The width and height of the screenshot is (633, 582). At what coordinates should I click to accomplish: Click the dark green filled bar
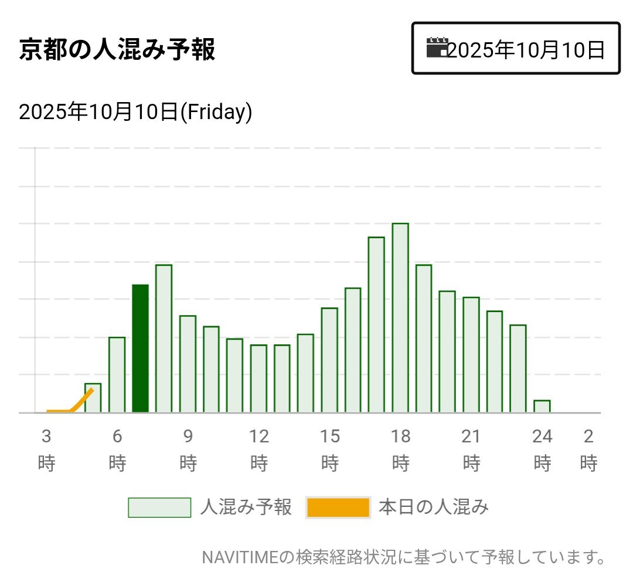coord(140,348)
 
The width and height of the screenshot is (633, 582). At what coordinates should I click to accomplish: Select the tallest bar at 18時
coord(400,317)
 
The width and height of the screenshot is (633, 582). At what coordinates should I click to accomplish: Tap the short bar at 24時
coord(542,406)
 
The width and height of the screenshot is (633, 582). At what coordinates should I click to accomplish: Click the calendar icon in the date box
coord(437,48)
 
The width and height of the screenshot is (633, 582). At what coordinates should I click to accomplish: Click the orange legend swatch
coord(338,507)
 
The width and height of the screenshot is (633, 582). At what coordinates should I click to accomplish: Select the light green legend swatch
coord(159,507)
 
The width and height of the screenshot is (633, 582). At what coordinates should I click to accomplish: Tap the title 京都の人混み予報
coord(117,50)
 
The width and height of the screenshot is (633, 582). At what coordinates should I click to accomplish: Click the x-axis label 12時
coord(259,449)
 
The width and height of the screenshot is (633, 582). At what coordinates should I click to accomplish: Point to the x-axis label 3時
coord(46,449)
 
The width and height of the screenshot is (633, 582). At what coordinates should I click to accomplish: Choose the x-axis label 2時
coord(588,449)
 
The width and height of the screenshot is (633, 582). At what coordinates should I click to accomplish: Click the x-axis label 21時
coord(471,449)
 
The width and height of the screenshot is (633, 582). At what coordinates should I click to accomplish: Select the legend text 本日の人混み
coord(433,507)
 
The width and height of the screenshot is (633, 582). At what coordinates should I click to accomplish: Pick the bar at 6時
coord(117,374)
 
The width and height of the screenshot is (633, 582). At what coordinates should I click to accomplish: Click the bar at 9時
coord(188,364)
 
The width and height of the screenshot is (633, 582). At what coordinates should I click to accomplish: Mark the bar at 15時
coord(329,360)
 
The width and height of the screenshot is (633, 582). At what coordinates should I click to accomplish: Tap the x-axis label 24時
coord(542,449)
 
